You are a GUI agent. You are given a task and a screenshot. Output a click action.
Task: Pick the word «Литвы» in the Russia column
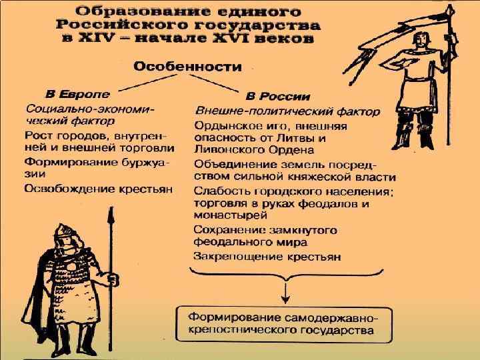301,138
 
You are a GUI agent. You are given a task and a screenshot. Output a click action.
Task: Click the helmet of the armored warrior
63,231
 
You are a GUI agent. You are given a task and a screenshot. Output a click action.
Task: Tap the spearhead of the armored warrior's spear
107,216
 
